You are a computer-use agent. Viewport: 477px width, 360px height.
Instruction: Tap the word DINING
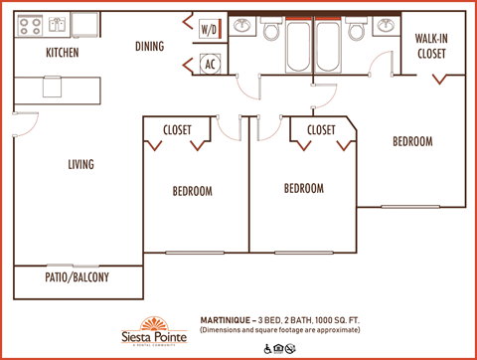tap(150, 46)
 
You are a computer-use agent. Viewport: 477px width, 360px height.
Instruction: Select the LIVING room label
tap(80, 165)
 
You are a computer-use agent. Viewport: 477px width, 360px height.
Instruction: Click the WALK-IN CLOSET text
tap(430, 47)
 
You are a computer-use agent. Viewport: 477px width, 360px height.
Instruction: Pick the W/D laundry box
tap(210, 30)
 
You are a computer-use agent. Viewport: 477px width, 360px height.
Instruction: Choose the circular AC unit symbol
tap(210, 65)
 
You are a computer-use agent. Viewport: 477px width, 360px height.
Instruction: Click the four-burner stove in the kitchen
tap(24, 24)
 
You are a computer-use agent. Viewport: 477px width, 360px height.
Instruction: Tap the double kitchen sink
tap(56, 24)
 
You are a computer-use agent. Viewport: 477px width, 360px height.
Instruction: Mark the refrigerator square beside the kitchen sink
tap(85, 24)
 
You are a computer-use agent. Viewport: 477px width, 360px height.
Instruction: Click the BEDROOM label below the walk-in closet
tap(411, 142)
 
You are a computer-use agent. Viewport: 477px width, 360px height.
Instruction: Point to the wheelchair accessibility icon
tap(268, 348)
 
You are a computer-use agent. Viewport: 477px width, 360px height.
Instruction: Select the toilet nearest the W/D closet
tap(269, 30)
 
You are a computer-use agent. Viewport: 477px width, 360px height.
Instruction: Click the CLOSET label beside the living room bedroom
tap(179, 130)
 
